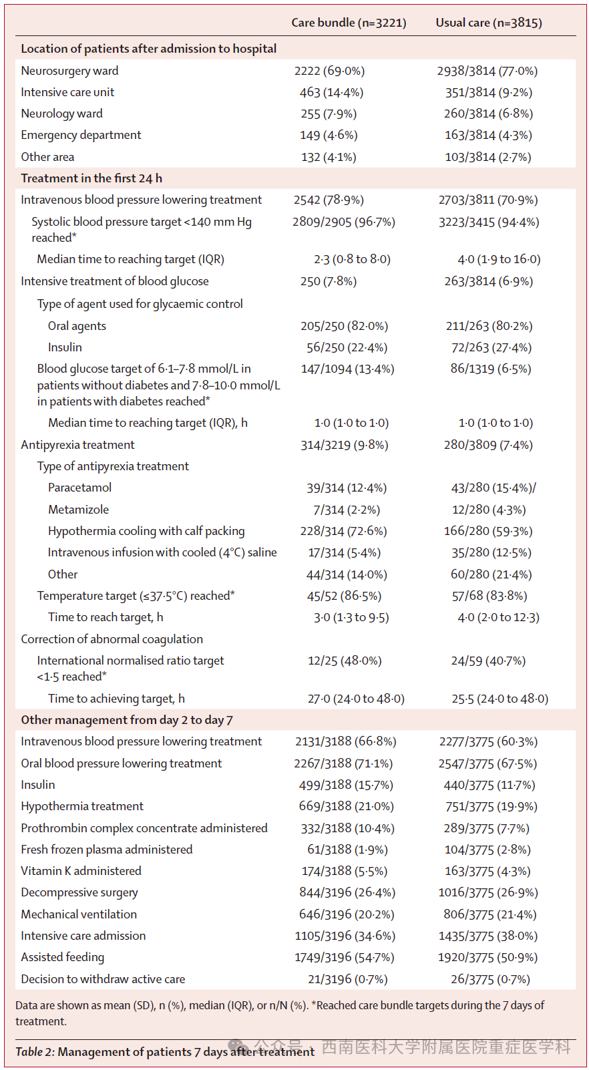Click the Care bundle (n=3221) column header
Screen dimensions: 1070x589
tap(349, 23)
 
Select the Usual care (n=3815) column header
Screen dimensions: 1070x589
tap(489, 23)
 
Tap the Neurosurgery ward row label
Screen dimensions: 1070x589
tap(69, 71)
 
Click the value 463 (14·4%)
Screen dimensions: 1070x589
tap(331, 92)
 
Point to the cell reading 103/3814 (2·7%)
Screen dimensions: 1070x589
tap(488, 157)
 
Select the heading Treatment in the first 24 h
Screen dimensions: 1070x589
tap(91, 178)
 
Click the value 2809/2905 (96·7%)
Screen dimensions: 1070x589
tap(343, 222)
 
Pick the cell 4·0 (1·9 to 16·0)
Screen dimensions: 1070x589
tap(499, 259)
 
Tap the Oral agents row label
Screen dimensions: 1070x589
tap(77, 326)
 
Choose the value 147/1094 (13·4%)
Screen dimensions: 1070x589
tap(347, 369)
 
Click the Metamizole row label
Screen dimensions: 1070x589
tap(78, 510)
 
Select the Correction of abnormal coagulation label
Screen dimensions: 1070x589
tap(112, 639)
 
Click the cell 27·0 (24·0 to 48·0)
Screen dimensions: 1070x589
tap(356, 699)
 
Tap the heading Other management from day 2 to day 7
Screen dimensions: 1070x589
tap(127, 720)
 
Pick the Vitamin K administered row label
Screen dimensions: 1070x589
tap(81, 871)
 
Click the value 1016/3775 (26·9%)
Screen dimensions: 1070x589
tap(488, 892)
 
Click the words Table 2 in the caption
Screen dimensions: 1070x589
tap(35, 1052)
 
